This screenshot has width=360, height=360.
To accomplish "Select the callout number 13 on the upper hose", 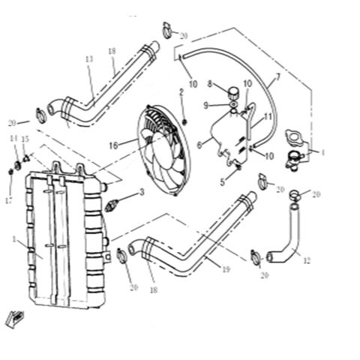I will [89, 59].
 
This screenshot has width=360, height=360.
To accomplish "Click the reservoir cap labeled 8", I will [232, 93].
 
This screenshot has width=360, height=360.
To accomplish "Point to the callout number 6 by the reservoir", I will [199, 144].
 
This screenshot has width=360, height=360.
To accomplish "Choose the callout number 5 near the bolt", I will [223, 181].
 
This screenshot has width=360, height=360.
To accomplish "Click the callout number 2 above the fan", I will [181, 91].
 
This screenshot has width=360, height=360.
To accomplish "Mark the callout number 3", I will [140, 193].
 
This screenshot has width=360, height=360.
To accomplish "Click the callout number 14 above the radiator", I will [13, 139].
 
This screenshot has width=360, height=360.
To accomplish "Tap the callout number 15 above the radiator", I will [25, 139].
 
